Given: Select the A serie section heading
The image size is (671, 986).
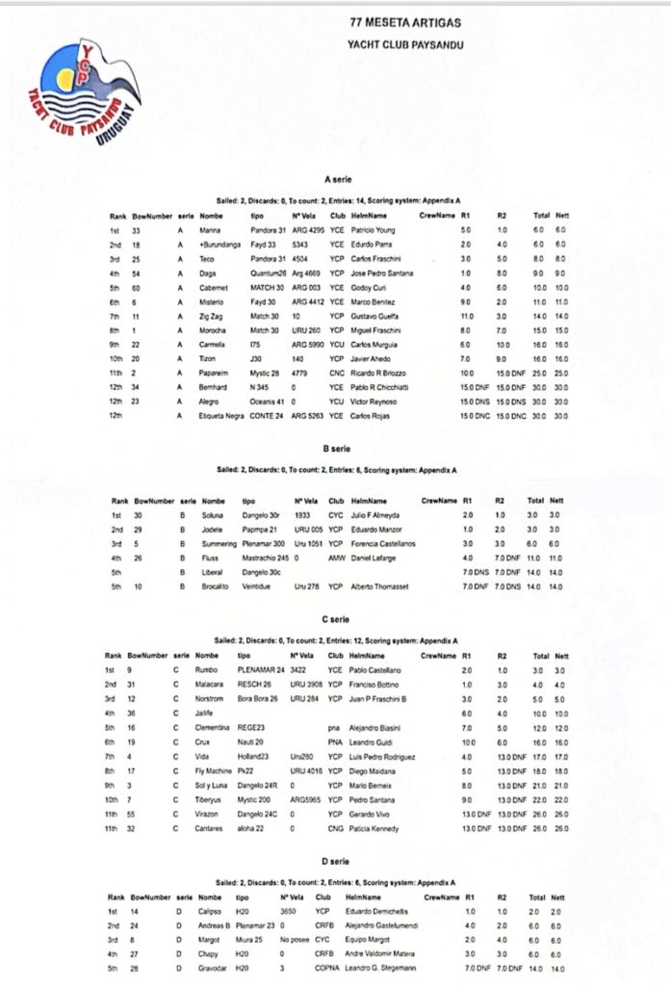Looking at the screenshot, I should (x=337, y=179).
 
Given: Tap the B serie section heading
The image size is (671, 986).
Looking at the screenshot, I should (x=337, y=449).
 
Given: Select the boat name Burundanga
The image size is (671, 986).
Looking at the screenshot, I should (x=222, y=245).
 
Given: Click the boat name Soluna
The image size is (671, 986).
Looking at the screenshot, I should (x=214, y=515).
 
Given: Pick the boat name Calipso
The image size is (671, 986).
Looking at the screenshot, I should (x=212, y=910).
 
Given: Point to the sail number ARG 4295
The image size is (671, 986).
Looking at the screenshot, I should (x=308, y=229).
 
